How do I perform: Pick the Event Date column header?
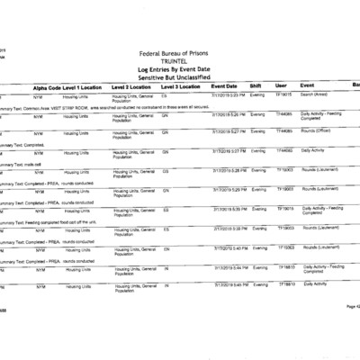224,85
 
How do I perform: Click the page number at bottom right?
351,332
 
